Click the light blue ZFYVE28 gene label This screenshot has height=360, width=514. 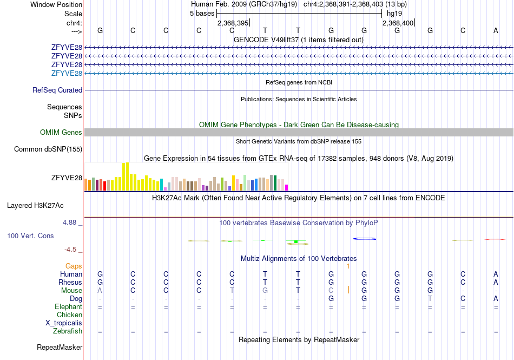point(67,73)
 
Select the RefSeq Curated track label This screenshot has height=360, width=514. point(57,90)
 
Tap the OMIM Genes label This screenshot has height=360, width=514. point(61,132)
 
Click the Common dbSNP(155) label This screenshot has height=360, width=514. point(48,149)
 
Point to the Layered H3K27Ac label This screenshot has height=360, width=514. point(35,206)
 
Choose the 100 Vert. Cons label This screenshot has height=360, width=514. point(30,235)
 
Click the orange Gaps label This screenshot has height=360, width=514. point(74,266)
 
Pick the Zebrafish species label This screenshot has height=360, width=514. point(68,331)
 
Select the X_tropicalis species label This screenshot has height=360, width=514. point(64,323)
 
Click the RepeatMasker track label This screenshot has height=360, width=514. point(60,347)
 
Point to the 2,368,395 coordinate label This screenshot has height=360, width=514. point(233,23)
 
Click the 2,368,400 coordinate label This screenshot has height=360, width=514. point(398,23)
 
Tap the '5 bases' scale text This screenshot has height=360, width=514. point(202,14)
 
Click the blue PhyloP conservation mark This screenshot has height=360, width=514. point(364,239)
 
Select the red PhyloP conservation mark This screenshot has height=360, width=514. point(495,239)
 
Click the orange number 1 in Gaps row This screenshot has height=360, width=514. point(348,266)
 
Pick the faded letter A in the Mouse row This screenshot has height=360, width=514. point(100,291)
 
